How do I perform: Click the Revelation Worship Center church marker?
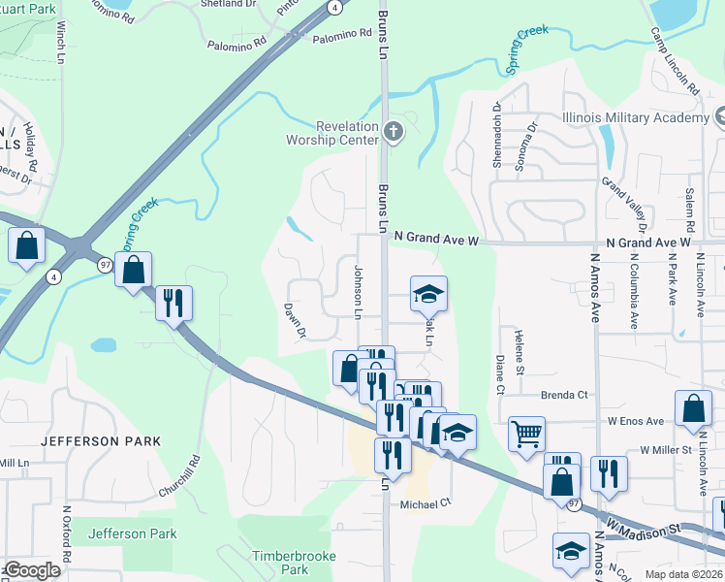click(x=393, y=132)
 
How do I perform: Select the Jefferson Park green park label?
click(x=132, y=533)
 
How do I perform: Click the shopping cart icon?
click(x=526, y=434)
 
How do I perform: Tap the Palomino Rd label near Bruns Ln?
click(x=342, y=33)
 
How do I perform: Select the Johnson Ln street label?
click(x=358, y=290)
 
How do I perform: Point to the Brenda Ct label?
click(x=565, y=395)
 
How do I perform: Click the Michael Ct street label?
click(x=426, y=503)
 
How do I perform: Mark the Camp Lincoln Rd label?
click(x=675, y=60)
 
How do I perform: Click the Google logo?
click(x=31, y=569)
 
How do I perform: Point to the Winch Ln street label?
click(x=60, y=44)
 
